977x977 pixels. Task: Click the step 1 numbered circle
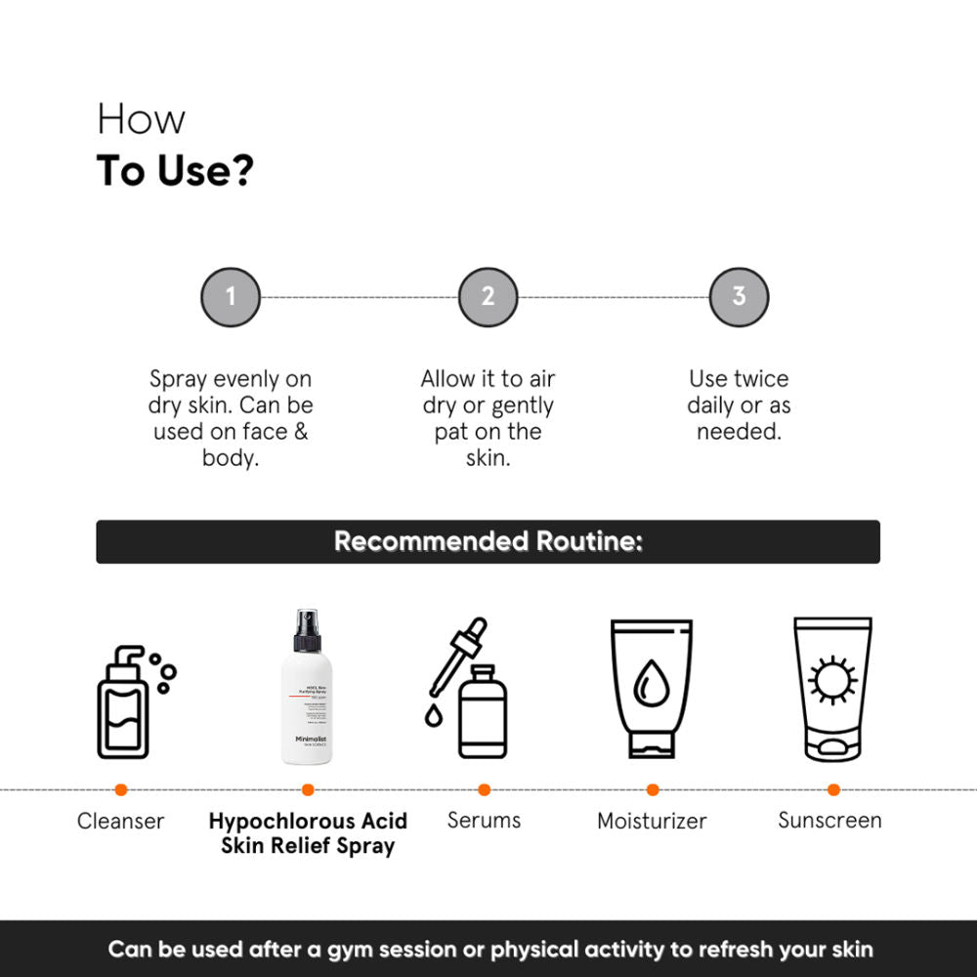(x=231, y=297)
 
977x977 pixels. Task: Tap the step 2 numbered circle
(x=488, y=297)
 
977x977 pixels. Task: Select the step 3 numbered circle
(x=739, y=297)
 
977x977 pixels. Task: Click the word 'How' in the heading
(x=141, y=120)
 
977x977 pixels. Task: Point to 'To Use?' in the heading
(x=175, y=171)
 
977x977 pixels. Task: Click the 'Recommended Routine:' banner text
(x=488, y=541)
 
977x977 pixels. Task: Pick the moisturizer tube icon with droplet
(x=652, y=688)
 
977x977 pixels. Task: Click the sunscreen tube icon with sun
(x=832, y=688)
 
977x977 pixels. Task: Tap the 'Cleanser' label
(x=121, y=821)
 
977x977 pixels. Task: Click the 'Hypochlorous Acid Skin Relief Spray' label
(x=308, y=832)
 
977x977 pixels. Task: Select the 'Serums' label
(x=484, y=820)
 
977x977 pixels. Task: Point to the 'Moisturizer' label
(x=652, y=821)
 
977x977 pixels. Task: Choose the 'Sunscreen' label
(x=829, y=820)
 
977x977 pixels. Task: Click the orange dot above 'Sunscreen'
(x=833, y=789)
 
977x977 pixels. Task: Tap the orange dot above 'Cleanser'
(x=121, y=789)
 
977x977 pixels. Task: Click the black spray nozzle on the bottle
(x=307, y=630)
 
